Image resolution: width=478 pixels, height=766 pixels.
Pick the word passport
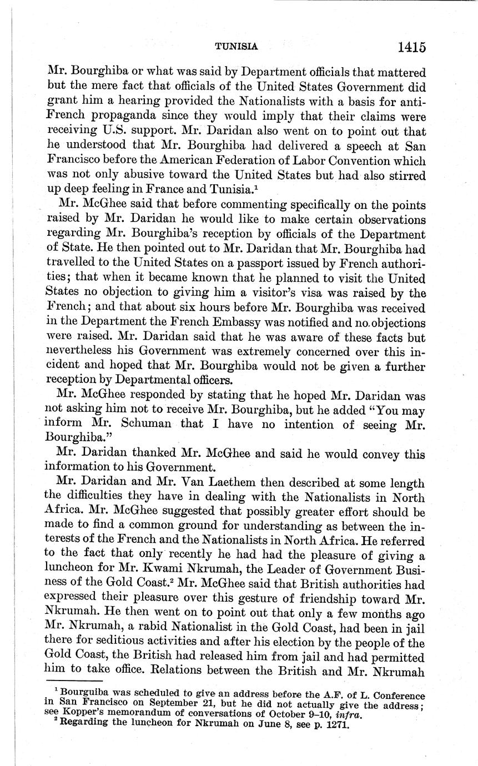coord(222,263)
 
